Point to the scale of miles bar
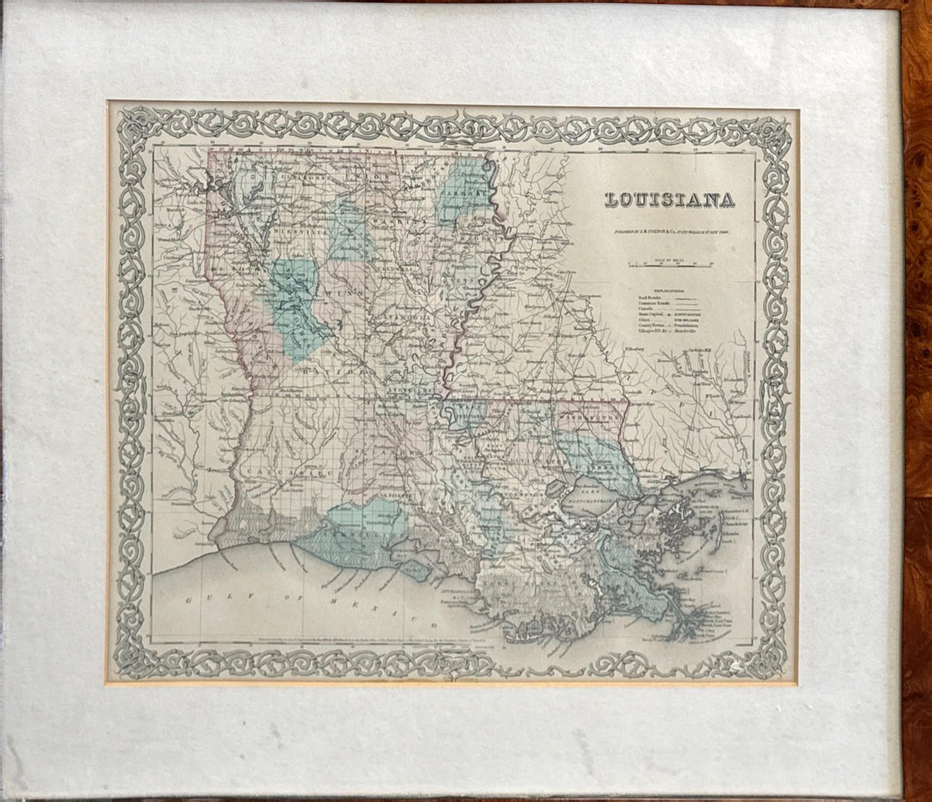coord(670,266)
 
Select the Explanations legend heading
coord(669,288)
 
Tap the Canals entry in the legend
coord(645,309)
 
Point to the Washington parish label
coord(590,418)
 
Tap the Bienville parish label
coord(289,233)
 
